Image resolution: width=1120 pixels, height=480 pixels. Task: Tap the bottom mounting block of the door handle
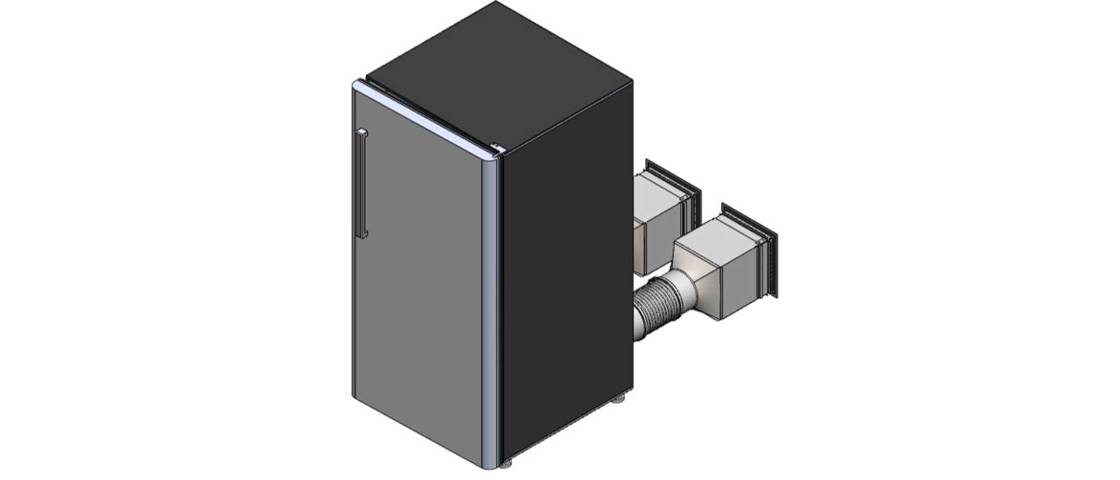pos(364,234)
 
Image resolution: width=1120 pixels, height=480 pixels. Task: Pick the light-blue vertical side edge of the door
pos(490,311)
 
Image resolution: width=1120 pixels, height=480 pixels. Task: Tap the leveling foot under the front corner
pos(506,465)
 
